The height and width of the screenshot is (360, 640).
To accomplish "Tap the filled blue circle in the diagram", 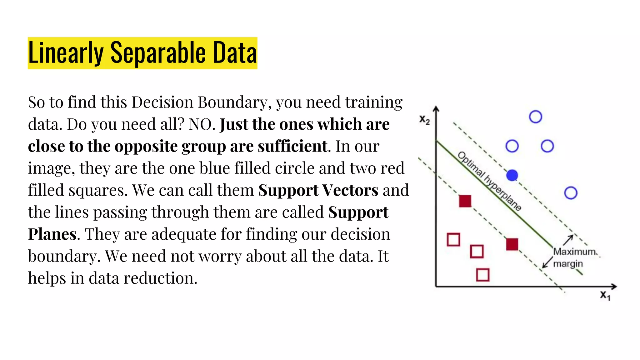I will [x=512, y=175].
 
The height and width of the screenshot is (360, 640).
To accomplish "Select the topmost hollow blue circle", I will [x=535, y=117].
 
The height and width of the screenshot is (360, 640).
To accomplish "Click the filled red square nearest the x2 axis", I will [x=465, y=201].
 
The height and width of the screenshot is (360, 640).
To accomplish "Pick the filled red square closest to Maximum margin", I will [x=512, y=244].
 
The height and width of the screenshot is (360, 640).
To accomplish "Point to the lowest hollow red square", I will [x=483, y=275].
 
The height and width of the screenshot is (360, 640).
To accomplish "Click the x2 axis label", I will [x=425, y=120].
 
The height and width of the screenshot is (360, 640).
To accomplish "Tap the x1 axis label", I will [x=605, y=295].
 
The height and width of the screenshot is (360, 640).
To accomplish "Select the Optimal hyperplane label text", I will [x=489, y=181].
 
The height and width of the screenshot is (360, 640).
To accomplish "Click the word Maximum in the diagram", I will [x=575, y=252].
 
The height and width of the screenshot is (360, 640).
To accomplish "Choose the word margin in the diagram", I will [x=568, y=264].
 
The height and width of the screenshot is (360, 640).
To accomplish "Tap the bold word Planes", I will [x=52, y=234].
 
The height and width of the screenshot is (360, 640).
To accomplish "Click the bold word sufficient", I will [x=292, y=146].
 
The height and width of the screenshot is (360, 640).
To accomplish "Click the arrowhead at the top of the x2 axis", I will [x=436, y=109].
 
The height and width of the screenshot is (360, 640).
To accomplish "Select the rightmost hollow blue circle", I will [x=571, y=193].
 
